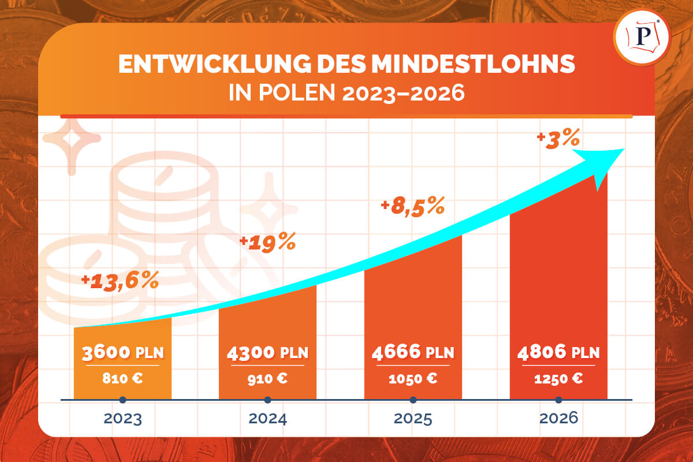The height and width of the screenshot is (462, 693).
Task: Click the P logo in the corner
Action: pos(643,36)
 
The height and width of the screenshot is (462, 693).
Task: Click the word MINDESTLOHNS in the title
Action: pos(473,65)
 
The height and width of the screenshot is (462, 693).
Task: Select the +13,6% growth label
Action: pos(120,281)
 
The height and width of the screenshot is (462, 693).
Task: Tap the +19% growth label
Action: pos(267,243)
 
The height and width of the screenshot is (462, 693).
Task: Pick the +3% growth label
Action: pos(557,139)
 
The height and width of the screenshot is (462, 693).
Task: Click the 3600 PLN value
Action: pos(123,352)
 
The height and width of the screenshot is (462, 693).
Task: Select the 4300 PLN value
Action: pos(267,352)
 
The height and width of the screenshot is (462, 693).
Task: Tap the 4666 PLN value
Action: pos(413,352)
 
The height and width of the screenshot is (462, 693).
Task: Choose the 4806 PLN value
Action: pos(558,352)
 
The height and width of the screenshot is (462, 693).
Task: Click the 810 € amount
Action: pos(123,379)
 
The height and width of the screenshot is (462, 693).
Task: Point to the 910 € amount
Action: pos(267,379)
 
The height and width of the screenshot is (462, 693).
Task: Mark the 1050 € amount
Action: pos(413,379)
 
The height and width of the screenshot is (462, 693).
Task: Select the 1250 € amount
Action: pos(558,379)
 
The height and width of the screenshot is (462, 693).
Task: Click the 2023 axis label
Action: pos(123,419)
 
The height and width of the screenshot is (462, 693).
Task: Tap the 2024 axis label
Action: pos(267,419)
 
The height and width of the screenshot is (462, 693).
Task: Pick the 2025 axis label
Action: pos(413,419)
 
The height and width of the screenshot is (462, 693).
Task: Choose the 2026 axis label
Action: pos(558,419)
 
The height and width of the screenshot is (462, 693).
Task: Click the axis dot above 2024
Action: pos(267,400)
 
